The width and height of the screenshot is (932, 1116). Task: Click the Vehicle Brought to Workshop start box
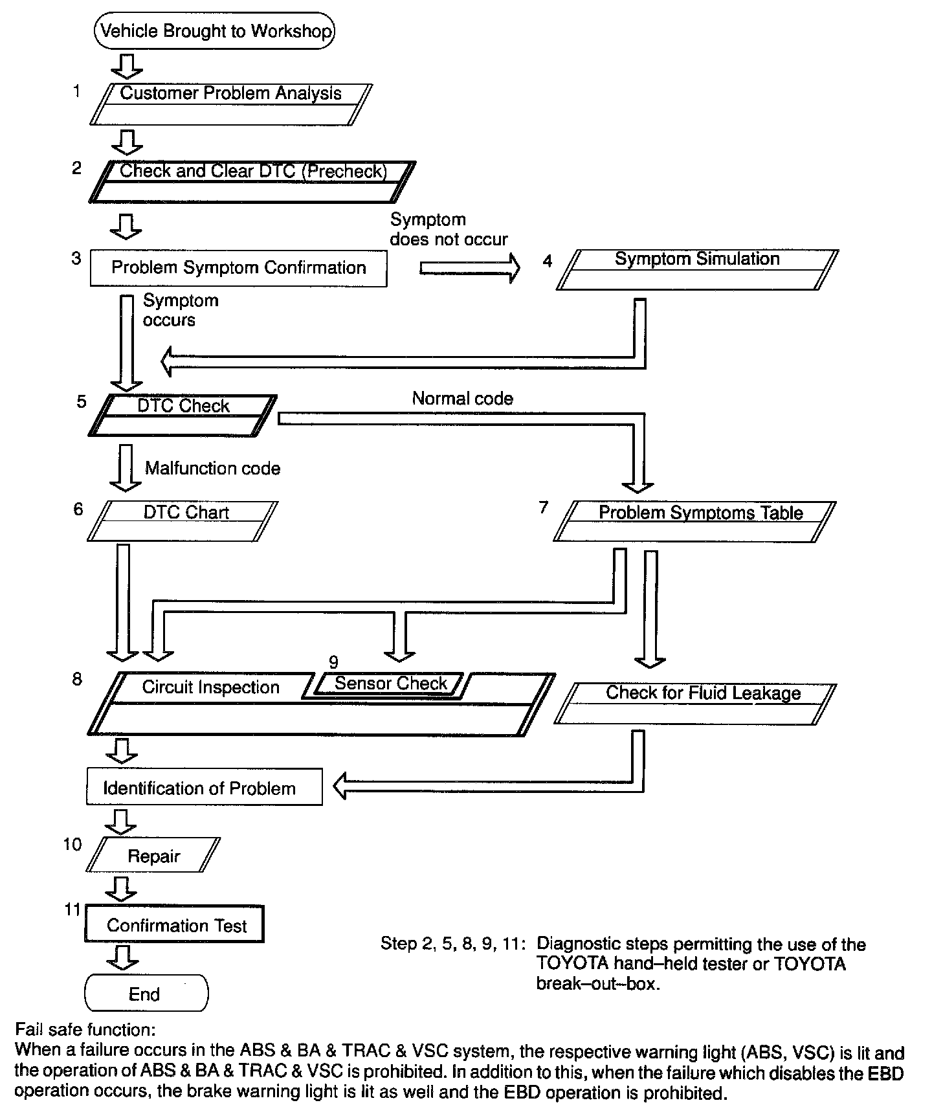(x=214, y=31)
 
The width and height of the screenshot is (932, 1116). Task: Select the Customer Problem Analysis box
(x=230, y=104)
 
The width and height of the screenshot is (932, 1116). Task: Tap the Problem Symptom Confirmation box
(x=238, y=268)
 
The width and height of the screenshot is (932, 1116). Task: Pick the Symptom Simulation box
(x=697, y=269)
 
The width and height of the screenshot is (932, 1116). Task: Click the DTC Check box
(x=183, y=415)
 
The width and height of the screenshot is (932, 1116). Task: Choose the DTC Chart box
(x=183, y=521)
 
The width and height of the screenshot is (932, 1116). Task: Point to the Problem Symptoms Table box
(x=694, y=521)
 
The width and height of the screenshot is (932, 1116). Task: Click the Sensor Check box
(x=390, y=684)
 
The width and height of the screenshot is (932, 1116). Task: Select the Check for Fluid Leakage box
(x=695, y=704)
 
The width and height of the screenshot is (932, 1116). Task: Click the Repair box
(x=153, y=856)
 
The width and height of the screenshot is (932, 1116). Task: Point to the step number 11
(x=72, y=910)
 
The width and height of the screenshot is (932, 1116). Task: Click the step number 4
(x=548, y=262)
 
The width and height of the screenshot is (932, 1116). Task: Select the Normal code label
(x=462, y=399)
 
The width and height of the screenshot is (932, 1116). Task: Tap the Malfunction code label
(x=212, y=469)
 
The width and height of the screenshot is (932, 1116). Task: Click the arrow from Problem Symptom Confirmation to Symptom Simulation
(x=469, y=267)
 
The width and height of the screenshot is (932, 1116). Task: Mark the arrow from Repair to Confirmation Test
(x=121, y=888)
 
